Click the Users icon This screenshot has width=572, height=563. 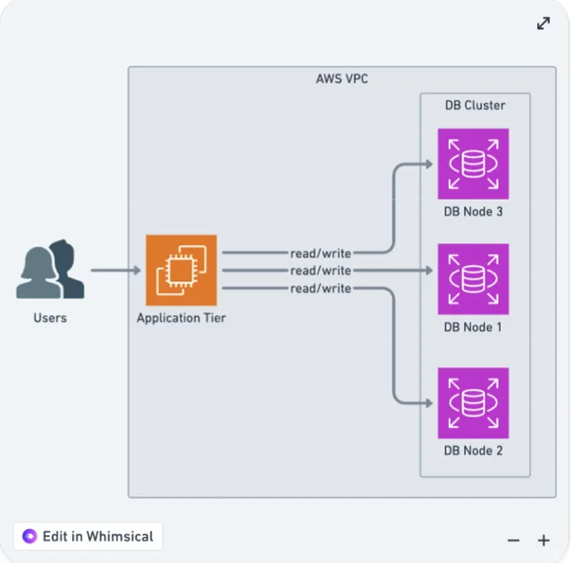point(50,269)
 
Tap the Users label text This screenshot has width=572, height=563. point(50,318)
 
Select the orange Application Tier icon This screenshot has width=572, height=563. point(181,270)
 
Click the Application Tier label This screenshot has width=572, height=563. point(181,319)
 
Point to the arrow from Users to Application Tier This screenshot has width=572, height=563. point(115,270)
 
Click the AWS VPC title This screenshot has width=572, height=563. point(341,79)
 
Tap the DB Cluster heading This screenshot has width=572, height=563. point(475,106)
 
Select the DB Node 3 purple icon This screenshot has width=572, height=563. point(473,164)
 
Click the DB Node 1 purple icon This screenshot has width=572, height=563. point(473,278)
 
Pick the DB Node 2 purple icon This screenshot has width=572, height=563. point(473,403)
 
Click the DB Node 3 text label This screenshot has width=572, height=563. point(473,211)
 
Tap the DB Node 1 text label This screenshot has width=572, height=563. point(473,327)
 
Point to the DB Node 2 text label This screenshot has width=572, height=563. point(473,450)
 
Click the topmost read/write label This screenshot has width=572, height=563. point(320,252)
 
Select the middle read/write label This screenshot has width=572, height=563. point(320,270)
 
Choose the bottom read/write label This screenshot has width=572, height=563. point(320,288)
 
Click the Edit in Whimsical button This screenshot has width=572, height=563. point(88,536)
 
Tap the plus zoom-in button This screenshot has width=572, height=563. point(543,541)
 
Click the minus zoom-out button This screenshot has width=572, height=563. point(513,541)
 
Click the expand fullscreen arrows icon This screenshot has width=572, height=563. point(543,23)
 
